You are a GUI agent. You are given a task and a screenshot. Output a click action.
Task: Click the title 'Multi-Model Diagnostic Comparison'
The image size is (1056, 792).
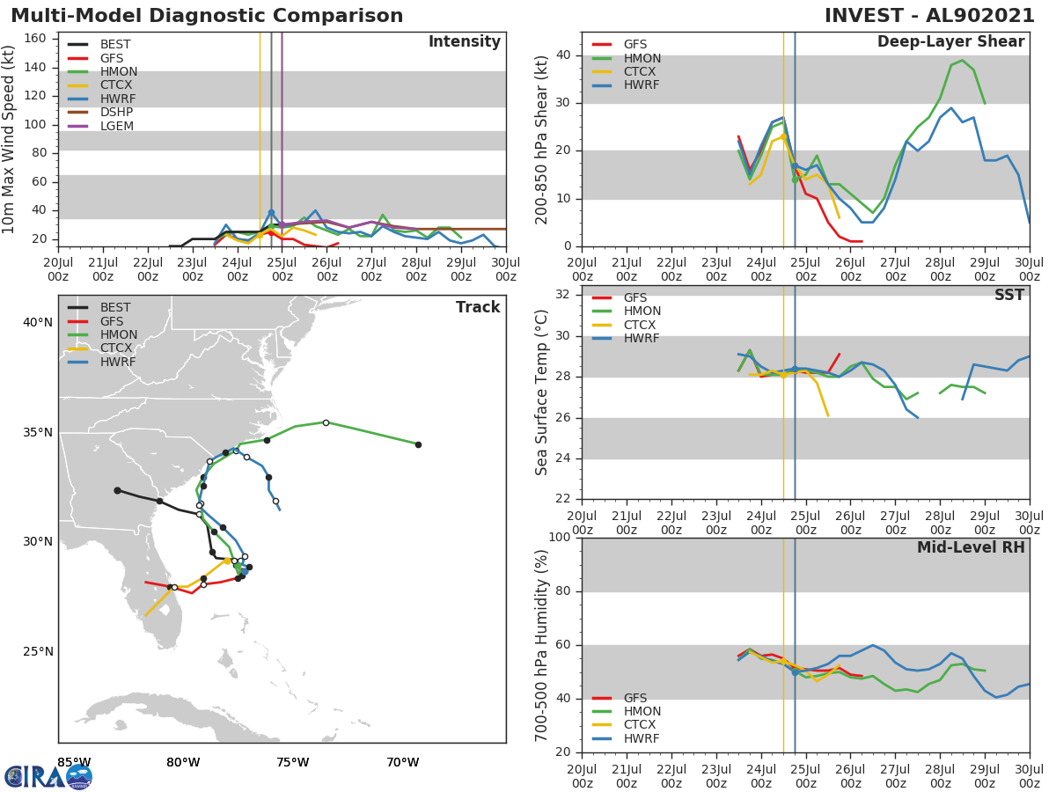click(207, 16)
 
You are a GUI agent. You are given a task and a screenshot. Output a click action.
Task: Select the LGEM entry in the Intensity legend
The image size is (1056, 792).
click(116, 126)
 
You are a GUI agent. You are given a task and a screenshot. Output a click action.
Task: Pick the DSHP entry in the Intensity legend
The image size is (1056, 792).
click(116, 113)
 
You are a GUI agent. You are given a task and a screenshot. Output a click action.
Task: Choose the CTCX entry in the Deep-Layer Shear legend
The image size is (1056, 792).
click(641, 72)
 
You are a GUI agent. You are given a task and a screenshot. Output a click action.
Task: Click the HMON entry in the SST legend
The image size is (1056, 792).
click(642, 312)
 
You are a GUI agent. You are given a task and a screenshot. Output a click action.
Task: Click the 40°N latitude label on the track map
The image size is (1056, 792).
click(38, 323)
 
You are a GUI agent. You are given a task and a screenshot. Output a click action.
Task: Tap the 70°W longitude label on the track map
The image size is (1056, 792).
click(402, 762)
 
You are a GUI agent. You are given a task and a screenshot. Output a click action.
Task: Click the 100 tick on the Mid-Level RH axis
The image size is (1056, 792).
click(559, 538)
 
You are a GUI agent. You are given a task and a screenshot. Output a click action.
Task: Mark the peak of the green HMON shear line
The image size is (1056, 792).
click(962, 61)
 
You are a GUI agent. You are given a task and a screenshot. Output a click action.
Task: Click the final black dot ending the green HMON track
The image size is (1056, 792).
click(418, 444)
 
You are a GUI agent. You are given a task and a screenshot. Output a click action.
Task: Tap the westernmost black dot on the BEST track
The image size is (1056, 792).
click(117, 490)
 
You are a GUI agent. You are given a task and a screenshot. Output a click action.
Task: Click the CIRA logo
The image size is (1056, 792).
click(48, 776)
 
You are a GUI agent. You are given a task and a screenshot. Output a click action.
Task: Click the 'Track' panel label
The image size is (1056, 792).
click(477, 307)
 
